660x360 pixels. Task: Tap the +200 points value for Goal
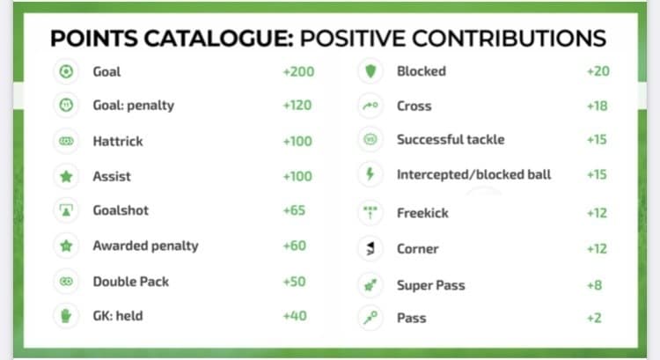tap(298, 71)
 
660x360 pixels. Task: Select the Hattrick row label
tap(118, 141)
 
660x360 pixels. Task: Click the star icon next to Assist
tap(66, 176)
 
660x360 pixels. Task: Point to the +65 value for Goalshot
tap(294, 210)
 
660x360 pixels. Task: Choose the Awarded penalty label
tap(145, 246)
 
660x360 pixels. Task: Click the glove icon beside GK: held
tap(66, 316)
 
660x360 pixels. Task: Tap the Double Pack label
tap(131, 282)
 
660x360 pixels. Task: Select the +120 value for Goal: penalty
tap(297, 106)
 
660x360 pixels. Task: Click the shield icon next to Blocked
tap(370, 71)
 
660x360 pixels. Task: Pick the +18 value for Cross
tap(598, 106)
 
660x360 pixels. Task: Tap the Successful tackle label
tap(451, 139)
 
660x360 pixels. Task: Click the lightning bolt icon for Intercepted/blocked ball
tap(370, 174)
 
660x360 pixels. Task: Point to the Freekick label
tap(422, 213)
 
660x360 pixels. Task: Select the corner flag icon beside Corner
tap(370, 248)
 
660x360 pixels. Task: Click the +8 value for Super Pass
tap(594, 285)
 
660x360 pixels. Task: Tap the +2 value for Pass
tap(594, 318)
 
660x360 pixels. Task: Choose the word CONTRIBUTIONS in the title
tap(509, 39)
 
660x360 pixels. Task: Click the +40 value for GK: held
tap(295, 316)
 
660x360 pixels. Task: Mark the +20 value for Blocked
tap(598, 71)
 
